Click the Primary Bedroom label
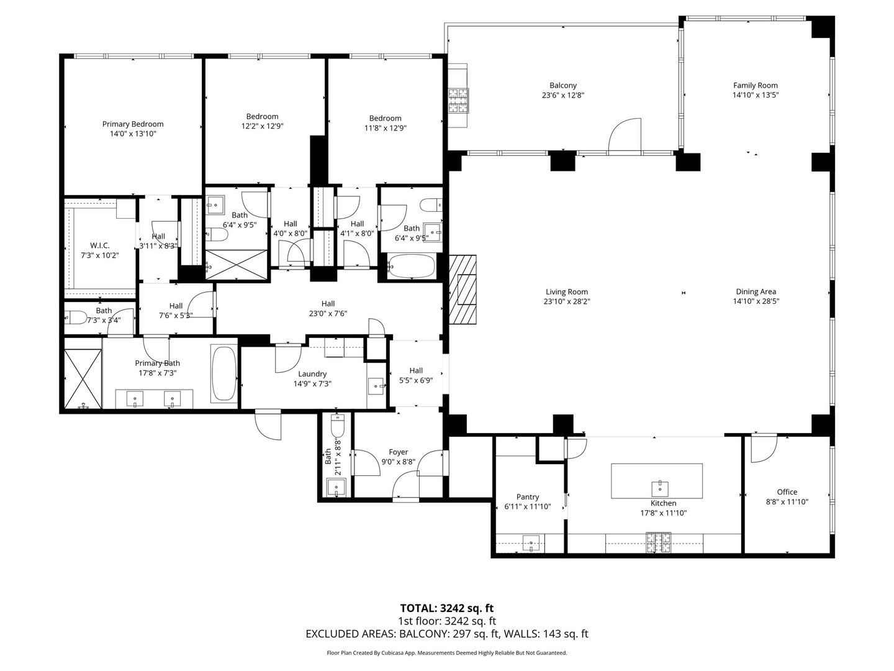tap(133, 124)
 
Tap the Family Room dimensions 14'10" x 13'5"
tap(755, 96)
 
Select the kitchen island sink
tap(657, 486)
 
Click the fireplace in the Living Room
tap(463, 290)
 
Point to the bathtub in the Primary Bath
tap(223, 373)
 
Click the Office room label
tap(787, 492)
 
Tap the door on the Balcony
tap(624, 137)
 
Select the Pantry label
tap(528, 497)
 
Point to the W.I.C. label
tap(99, 245)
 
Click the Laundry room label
tap(312, 374)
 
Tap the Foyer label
tap(398, 452)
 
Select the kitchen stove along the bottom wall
tap(658, 544)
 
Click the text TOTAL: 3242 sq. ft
tap(446, 608)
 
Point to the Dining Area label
tap(756, 291)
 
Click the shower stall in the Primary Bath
tap(83, 378)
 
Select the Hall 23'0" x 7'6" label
tap(328, 304)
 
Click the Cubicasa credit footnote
tap(446, 653)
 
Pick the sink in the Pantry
tap(531, 544)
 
